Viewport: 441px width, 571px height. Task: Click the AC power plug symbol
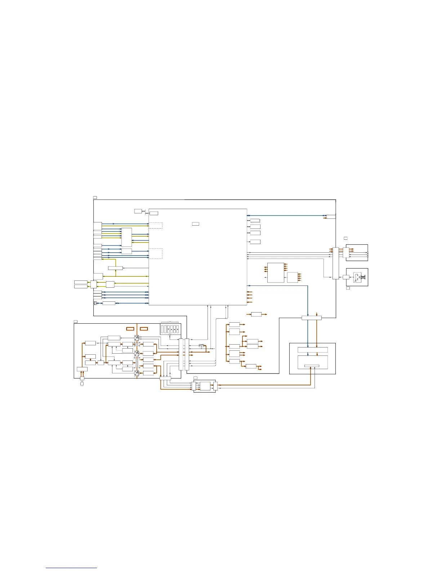(x=82, y=384)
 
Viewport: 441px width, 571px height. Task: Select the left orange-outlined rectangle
(x=130, y=329)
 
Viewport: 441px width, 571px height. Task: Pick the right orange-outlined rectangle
(x=144, y=329)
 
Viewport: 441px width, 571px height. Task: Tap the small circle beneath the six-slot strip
(x=170, y=335)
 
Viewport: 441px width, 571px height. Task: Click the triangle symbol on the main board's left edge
(x=95, y=303)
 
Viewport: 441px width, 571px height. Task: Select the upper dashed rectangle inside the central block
(x=155, y=226)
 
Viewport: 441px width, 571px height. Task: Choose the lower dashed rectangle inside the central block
(x=155, y=253)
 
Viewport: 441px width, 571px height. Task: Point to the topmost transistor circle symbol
(x=137, y=338)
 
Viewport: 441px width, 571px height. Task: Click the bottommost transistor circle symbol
(x=137, y=373)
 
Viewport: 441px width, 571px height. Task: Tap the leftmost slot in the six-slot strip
(x=162, y=329)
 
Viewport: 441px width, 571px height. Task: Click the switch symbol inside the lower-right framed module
(x=357, y=277)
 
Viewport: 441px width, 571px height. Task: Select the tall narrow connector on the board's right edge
(x=335, y=263)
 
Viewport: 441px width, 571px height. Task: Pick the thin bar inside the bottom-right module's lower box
(x=312, y=366)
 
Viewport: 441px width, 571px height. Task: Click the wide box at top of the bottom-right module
(x=313, y=350)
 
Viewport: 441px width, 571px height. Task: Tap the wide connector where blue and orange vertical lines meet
(x=311, y=318)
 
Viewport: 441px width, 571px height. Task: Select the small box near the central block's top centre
(x=195, y=224)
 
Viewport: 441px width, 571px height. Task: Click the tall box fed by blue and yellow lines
(x=126, y=237)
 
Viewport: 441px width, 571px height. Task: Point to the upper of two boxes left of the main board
(x=81, y=282)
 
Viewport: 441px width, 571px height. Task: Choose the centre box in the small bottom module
(x=204, y=386)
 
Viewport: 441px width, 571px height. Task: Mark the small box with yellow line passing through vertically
(x=115, y=268)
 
